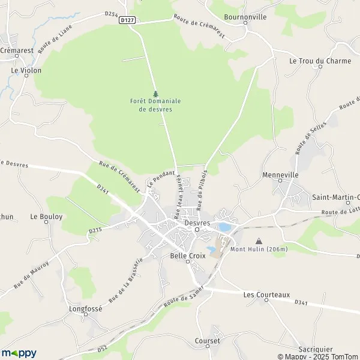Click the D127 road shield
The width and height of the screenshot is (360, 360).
[x=126, y=19]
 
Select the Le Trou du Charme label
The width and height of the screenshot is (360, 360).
[x=310, y=61]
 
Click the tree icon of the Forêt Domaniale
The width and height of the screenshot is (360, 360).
[x=155, y=94]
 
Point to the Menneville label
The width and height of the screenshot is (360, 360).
[x=280, y=175]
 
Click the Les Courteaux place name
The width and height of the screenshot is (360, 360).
[x=266, y=295]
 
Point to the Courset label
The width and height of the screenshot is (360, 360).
[x=208, y=341]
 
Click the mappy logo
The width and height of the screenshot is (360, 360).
[x=19, y=353]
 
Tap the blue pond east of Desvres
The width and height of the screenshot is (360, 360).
[x=223, y=227]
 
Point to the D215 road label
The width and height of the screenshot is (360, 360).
[x=95, y=229]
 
